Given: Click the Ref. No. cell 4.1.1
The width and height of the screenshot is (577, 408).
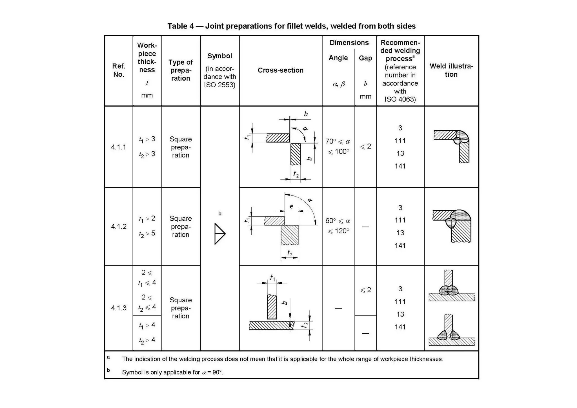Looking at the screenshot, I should (x=119, y=147).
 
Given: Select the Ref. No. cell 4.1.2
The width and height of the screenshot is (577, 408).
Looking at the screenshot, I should (x=119, y=226).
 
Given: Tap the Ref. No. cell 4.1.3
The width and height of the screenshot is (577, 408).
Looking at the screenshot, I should (x=119, y=308).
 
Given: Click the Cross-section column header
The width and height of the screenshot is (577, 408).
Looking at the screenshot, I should (x=281, y=70).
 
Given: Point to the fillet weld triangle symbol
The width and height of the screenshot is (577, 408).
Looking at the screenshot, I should (x=219, y=234).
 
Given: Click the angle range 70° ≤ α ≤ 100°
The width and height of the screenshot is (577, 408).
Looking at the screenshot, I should (x=338, y=146).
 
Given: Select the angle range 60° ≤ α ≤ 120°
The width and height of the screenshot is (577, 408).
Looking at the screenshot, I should (x=338, y=226).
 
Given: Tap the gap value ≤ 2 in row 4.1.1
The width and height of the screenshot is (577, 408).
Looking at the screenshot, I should (x=365, y=147).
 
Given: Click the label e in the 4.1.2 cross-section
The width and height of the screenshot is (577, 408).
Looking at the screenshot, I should (x=291, y=207).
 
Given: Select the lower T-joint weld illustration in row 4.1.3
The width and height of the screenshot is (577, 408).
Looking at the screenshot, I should (x=451, y=331).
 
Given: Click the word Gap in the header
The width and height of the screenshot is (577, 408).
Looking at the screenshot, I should (x=365, y=58).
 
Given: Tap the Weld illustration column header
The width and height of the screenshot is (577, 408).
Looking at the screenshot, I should (x=451, y=70).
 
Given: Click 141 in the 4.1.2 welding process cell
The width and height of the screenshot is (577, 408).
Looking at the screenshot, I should (x=400, y=245).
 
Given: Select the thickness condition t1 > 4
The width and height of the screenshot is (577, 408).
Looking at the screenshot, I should (x=147, y=325).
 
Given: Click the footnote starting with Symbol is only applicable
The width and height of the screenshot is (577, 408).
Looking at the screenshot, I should (x=172, y=372).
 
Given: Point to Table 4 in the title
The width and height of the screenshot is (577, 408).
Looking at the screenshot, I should (x=181, y=26).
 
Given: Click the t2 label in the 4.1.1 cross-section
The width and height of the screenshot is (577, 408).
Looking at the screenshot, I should (x=296, y=174).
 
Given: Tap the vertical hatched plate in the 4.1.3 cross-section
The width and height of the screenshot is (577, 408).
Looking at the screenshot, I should (x=272, y=307).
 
